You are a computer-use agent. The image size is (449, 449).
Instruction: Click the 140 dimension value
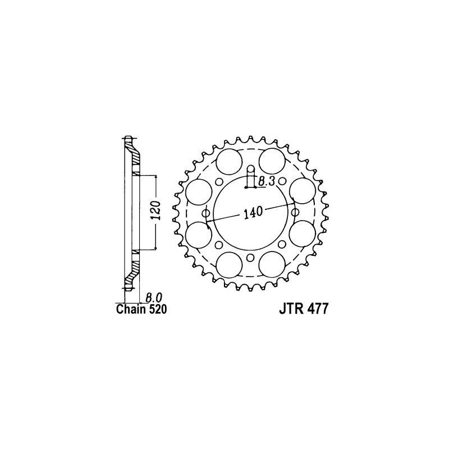tap(253, 212)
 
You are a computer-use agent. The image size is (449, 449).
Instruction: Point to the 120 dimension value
tap(156, 210)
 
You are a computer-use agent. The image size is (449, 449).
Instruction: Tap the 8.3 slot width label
tap(267, 181)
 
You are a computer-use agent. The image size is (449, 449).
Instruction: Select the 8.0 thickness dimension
tap(154, 298)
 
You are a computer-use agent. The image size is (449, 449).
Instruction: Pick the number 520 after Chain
tap(157, 310)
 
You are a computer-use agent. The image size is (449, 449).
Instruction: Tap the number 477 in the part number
tap(317, 310)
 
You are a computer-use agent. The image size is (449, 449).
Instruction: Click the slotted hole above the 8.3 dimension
tap(250, 176)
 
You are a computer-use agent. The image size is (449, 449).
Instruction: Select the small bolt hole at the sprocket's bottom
tap(250, 258)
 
